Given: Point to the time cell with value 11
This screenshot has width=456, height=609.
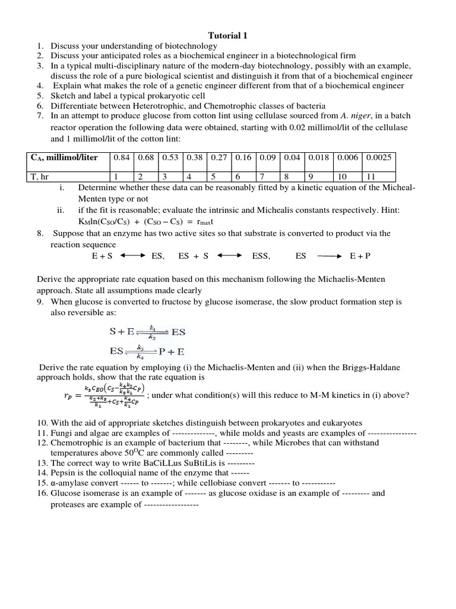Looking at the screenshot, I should coord(372,176).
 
